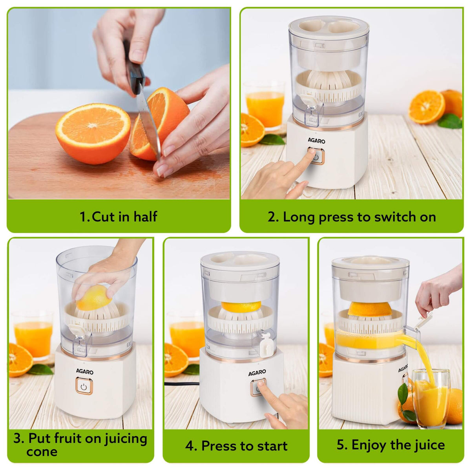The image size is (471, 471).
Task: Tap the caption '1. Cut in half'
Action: tap(119, 217)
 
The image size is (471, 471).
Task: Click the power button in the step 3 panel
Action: tap(84, 386)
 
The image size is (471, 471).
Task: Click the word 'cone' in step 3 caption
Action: tap(42, 452)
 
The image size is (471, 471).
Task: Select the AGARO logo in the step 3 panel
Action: tap(85, 372)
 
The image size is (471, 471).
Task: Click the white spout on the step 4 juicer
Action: tap(265, 344)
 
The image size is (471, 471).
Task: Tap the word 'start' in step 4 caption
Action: tap(271, 446)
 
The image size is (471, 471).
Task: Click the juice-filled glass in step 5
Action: tap(431, 398)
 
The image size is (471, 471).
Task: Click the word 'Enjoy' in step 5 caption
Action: tap(369, 445)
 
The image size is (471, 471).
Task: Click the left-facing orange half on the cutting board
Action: tap(93, 133)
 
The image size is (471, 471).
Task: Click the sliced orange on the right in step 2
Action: tap(427, 107)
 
